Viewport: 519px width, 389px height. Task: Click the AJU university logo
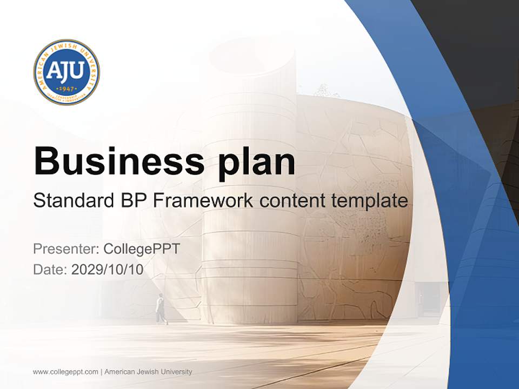[66, 72]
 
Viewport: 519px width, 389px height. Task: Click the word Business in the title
[119, 161]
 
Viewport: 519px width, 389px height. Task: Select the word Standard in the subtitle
[71, 200]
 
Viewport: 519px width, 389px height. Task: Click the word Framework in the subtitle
[203, 200]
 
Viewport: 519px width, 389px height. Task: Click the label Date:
[50, 269]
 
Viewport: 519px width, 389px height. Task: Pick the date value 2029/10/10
[108, 269]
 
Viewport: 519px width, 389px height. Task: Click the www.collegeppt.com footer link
[65, 372]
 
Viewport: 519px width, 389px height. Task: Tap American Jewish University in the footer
[148, 372]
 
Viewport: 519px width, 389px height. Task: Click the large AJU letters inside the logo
[66, 71]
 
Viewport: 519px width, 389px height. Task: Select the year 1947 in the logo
[66, 88]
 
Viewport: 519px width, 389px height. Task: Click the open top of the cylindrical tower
[252, 54]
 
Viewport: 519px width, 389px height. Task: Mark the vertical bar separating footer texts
[101, 372]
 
